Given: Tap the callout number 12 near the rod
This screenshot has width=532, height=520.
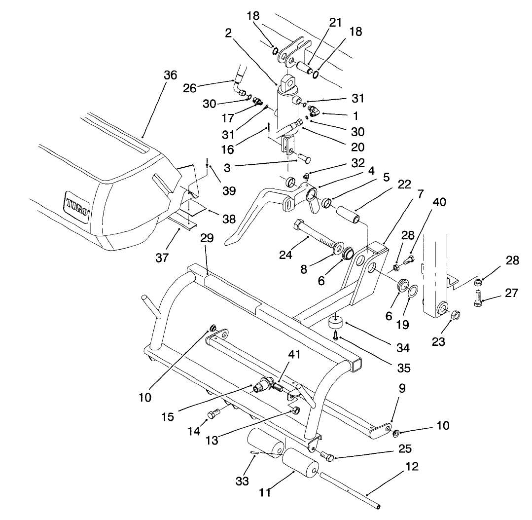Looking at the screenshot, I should (412, 467).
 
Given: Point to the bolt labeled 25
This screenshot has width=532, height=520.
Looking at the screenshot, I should (326, 455).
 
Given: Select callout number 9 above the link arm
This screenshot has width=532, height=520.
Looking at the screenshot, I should (402, 389).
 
